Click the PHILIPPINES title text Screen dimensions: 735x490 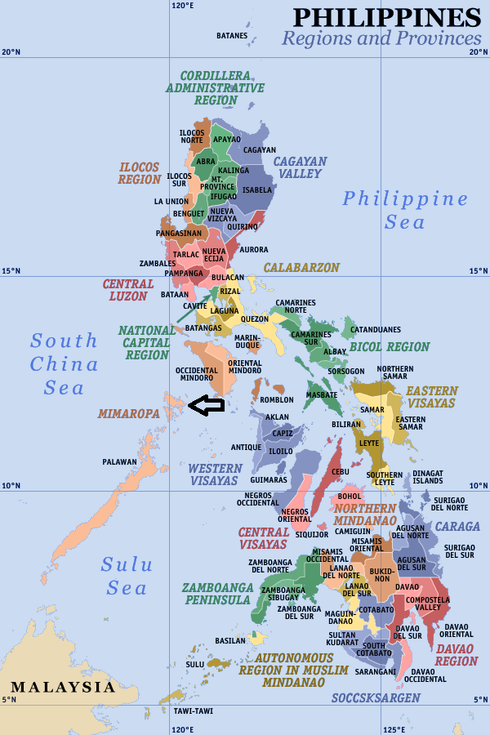pos(386,17)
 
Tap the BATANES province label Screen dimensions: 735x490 pos(232,36)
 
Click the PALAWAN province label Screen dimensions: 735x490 pos(120,462)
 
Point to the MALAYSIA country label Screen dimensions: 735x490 pos(63,687)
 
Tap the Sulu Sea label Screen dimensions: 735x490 pos(125,576)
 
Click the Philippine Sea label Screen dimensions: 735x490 pos(405,210)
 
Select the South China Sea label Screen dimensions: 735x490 pos(65,363)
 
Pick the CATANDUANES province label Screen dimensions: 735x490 pos(376,330)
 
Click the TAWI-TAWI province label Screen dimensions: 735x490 pos(193,710)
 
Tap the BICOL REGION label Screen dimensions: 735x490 pos(390,347)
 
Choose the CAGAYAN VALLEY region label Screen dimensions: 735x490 pos(300,167)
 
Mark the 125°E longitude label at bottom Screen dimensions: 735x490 pos(394,728)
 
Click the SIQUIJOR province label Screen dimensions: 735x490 pos(311,535)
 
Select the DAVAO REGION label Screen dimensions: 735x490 pos(457,655)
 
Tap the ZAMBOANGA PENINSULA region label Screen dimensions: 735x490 pos(216,594)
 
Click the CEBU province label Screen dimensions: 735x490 pos(341,472)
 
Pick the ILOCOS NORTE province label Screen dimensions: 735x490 pos(192,136)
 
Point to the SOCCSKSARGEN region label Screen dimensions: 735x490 pos(376,698)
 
